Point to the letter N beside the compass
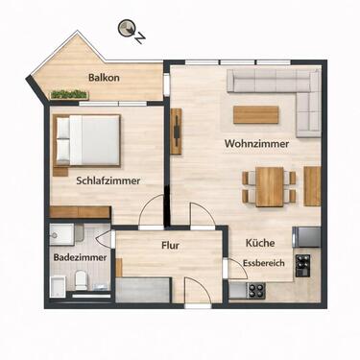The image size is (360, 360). pos(141,38)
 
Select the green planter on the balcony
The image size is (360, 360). pos(69,94)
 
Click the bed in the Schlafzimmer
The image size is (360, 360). pos(86,138)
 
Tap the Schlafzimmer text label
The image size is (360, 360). pos(108,180)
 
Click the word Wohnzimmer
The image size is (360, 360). pos(255,144)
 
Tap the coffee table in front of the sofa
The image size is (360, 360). pos(255,114)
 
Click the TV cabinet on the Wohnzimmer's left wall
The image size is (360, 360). pos(177,132)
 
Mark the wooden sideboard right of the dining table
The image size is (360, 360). pos(312,185)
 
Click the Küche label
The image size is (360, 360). pos(259,243)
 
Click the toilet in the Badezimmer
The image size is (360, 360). pos(84,280)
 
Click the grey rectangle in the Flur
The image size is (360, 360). pos(145,288)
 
